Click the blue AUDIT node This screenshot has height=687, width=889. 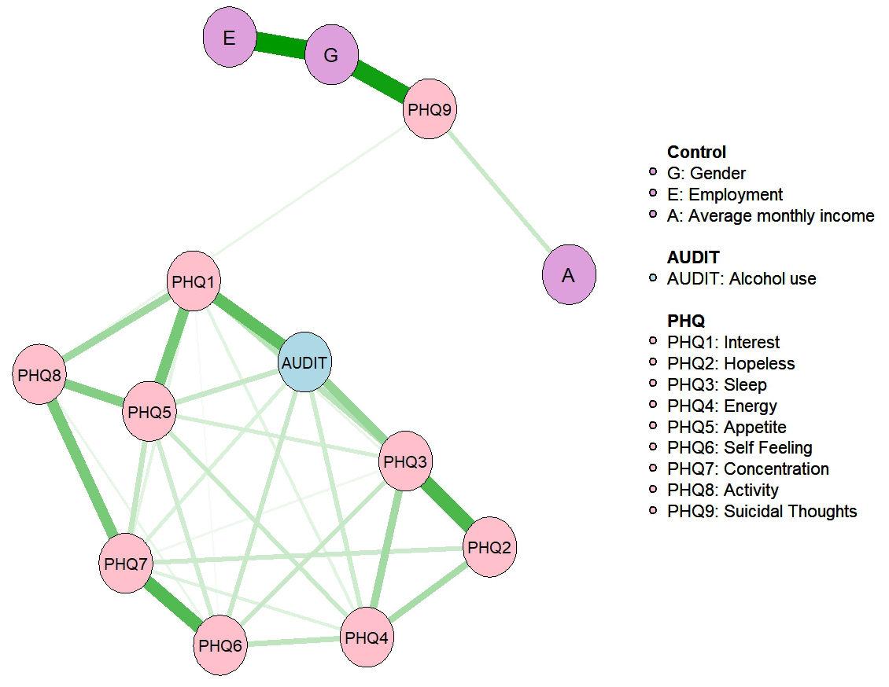[306, 362]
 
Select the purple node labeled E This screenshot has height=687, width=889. [230, 39]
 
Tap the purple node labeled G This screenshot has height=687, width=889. [331, 56]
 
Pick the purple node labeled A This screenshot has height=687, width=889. [569, 275]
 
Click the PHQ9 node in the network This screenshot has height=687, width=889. [430, 110]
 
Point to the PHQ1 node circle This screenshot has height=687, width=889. [194, 281]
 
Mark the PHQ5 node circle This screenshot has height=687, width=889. [149, 411]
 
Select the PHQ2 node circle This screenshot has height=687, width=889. [489, 547]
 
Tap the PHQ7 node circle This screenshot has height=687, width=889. [126, 564]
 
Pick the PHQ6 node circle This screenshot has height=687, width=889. [221, 646]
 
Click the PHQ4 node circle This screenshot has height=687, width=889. [367, 637]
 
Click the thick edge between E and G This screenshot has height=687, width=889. [280, 47]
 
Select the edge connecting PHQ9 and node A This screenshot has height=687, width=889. [500, 193]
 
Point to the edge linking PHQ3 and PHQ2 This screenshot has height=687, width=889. [448, 505]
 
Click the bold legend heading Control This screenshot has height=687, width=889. [696, 152]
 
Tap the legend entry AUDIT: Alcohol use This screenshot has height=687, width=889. [741, 278]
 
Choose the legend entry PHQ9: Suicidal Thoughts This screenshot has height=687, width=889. [762, 512]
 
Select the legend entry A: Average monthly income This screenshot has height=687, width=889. [770, 215]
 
